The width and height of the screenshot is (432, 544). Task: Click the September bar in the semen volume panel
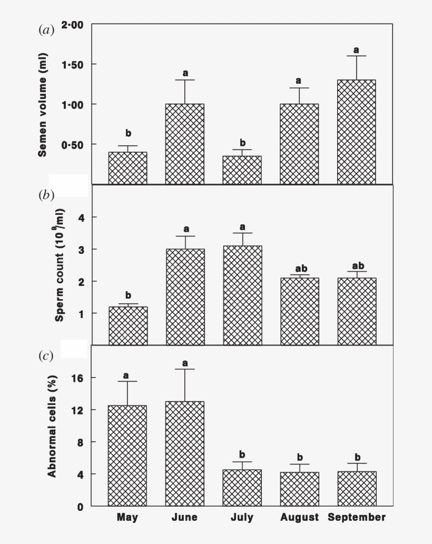coord(356,132)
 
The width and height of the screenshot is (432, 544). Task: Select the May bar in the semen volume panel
coord(128,168)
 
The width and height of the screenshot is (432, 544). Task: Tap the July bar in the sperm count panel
coord(242,295)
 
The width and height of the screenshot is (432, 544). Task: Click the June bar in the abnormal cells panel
coord(185,453)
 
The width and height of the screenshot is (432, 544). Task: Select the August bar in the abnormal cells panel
coord(299,489)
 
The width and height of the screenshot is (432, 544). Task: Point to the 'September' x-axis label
coord(357,517)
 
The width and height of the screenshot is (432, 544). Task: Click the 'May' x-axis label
coord(127,517)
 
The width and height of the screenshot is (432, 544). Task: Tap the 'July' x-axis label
coord(242,517)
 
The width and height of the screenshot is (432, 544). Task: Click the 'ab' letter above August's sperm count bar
coord(299,266)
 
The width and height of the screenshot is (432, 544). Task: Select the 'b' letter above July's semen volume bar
coord(242,143)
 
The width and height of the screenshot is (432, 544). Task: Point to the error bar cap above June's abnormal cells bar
coord(185,369)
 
